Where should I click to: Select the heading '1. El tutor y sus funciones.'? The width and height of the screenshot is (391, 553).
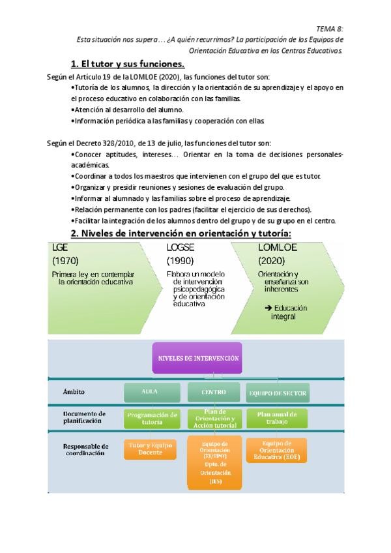point(128,63)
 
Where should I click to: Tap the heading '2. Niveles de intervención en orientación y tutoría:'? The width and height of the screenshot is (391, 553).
point(181,233)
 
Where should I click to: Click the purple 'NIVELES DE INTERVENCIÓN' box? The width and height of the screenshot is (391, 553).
point(199,359)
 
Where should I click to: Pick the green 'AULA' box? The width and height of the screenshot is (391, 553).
point(151,393)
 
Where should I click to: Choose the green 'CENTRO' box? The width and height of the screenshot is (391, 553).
point(208,393)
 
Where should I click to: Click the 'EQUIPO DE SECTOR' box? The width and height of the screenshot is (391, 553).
point(277,394)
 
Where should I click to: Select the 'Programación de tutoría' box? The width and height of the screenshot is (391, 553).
point(152,418)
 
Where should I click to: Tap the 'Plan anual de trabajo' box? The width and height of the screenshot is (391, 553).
point(277,417)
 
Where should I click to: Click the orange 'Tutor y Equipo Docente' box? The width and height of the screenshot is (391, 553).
point(151,449)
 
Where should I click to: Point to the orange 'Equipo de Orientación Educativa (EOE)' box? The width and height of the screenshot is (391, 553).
point(277,451)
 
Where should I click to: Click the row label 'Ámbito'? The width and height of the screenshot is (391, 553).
point(74,392)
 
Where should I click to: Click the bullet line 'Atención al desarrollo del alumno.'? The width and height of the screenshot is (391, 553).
point(128,110)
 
